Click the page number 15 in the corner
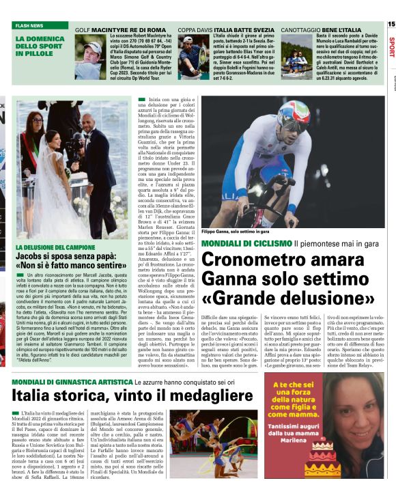click(x=391, y=24)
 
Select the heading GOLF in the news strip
click(x=82, y=31)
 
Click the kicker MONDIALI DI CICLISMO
click(x=246, y=243)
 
